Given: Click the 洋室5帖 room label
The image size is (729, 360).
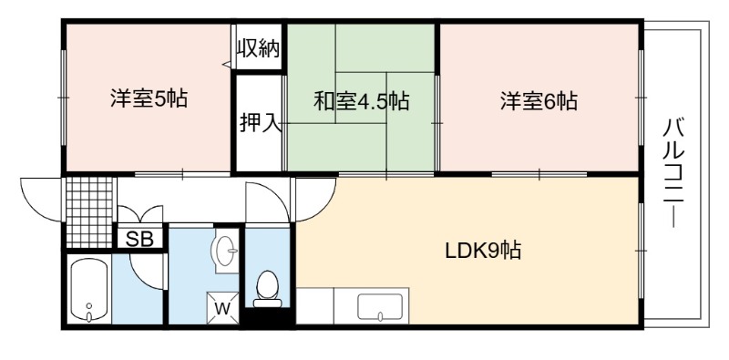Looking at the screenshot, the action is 149,98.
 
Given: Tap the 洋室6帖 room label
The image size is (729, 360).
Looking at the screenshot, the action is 539,100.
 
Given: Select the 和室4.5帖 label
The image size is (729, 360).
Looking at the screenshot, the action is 361,100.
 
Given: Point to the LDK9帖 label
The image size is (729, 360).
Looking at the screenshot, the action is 483,252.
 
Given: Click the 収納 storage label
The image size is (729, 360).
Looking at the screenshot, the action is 259,47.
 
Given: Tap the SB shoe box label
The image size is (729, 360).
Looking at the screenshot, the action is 139,240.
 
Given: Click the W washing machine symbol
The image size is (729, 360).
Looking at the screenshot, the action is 222,307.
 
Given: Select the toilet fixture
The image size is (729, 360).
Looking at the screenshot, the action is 267,289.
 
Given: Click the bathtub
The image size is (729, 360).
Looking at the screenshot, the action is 88,289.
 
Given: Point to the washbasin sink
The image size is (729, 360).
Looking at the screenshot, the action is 225,252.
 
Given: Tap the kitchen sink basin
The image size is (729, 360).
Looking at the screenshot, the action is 380,307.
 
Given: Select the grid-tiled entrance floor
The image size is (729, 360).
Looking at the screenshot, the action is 89,212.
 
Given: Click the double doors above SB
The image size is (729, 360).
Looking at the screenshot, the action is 140,213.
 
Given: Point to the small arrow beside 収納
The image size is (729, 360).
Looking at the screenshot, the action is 227,64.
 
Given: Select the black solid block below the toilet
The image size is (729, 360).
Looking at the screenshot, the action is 268,318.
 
